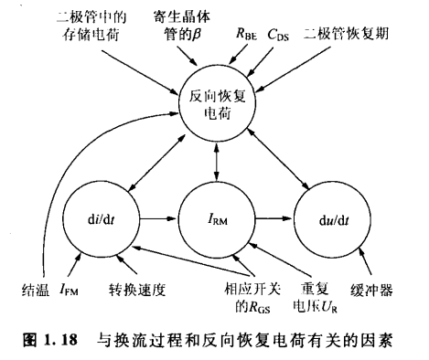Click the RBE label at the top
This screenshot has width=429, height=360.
coord(246,35)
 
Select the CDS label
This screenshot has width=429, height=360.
coord(279,35)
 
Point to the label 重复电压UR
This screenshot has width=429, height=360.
coord(303,300)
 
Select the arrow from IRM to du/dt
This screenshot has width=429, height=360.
coord(274,218)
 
